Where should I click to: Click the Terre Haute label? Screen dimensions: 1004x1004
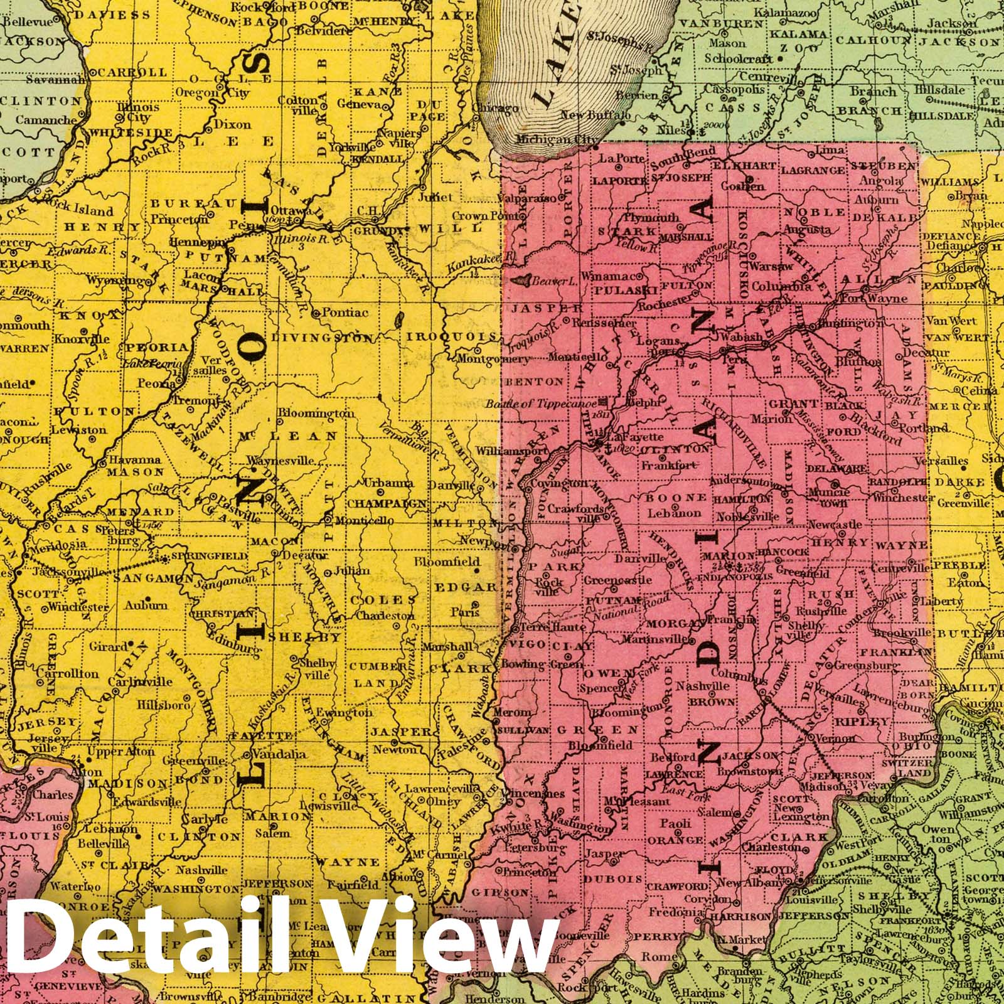click(x=552, y=627)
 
